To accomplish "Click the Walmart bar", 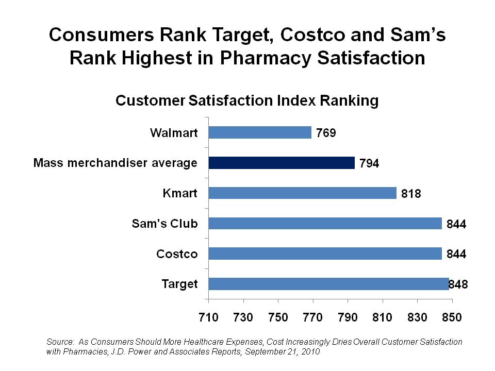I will (x=260, y=132).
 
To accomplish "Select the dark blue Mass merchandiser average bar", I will (x=282, y=163).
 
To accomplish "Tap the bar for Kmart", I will (x=302, y=193).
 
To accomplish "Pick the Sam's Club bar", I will (x=325, y=223).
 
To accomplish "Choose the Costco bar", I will (x=325, y=254).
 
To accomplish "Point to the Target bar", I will (x=328, y=284).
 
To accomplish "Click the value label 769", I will (x=326, y=133).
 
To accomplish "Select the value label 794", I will (x=369, y=164).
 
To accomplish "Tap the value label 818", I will (x=411, y=194).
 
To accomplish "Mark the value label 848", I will (x=458, y=284).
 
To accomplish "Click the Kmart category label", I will (x=180, y=193).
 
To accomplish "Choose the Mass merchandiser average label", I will (x=115, y=163).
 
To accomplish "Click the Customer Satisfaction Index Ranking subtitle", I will (x=247, y=100).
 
